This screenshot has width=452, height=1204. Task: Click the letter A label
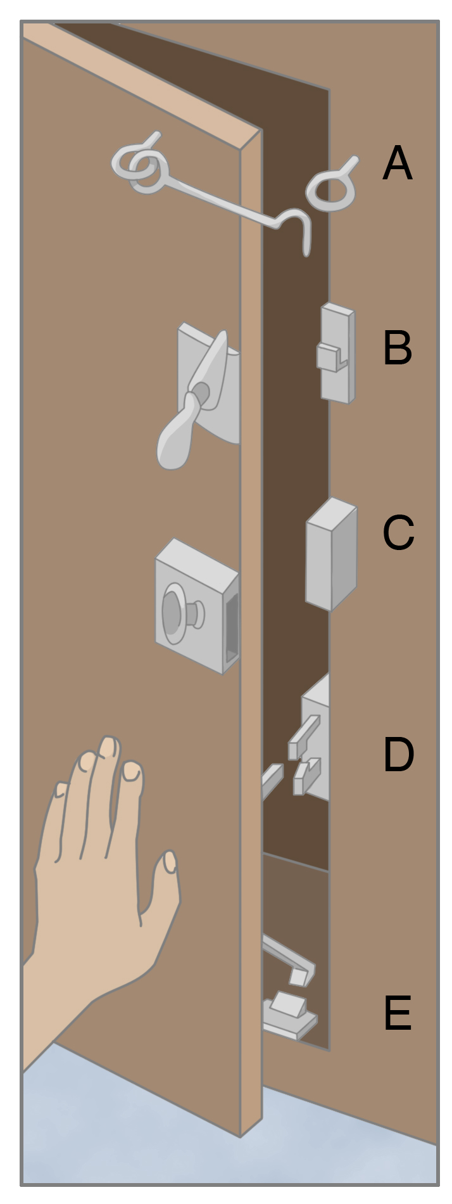pos(398,163)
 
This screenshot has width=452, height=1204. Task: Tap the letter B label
pos(398,347)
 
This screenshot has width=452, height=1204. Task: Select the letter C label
pos(398,532)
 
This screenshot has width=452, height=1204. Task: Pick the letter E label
pos(398,1013)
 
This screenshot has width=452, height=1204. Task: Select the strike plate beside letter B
pos(336,353)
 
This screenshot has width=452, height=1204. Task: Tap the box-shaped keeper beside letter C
pos(330,554)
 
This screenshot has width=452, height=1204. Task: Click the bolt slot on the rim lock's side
pos(232,626)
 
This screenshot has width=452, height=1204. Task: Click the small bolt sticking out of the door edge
pos(272,781)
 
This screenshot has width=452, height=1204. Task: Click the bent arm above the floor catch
pos(289,959)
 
